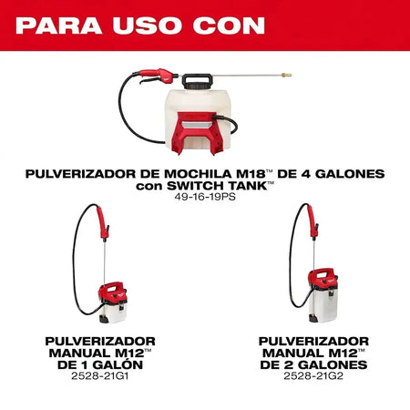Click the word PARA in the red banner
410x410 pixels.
58,26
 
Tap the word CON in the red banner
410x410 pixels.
229,26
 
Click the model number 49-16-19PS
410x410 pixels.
205,197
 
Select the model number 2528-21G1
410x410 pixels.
100,376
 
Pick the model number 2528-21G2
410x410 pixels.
313,376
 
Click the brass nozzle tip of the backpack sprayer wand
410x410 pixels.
286,75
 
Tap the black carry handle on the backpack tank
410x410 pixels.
197,81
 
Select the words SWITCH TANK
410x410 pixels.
217,186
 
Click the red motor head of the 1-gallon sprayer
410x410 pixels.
112,292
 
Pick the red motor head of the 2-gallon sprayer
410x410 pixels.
323,278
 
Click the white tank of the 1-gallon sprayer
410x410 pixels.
113,313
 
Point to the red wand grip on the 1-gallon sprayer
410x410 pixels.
103,222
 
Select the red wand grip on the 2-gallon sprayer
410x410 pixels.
313,221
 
